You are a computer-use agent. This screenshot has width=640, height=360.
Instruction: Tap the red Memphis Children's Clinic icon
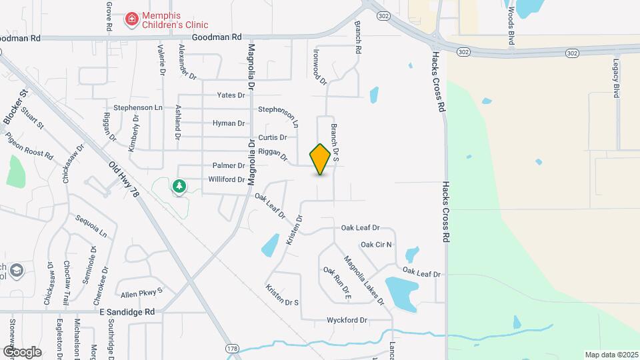[x=132, y=20]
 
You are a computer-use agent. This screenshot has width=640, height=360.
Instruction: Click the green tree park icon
[x=179, y=186]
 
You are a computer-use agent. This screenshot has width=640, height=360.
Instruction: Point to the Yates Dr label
[x=231, y=95]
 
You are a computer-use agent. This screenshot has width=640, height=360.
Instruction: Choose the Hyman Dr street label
[x=229, y=123]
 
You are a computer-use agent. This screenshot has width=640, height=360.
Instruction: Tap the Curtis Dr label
[x=273, y=137]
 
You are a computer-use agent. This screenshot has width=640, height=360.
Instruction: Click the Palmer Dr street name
[x=229, y=165]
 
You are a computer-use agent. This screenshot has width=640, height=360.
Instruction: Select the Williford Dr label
[x=226, y=179]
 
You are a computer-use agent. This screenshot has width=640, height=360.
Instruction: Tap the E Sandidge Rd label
[x=127, y=311]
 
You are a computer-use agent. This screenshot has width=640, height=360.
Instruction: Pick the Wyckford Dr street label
[x=347, y=320]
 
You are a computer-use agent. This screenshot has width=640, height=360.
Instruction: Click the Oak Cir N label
[x=377, y=245]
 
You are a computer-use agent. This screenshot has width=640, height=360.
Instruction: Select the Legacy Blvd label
[x=617, y=78]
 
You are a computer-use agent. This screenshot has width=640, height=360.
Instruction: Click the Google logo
[x=22, y=351]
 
